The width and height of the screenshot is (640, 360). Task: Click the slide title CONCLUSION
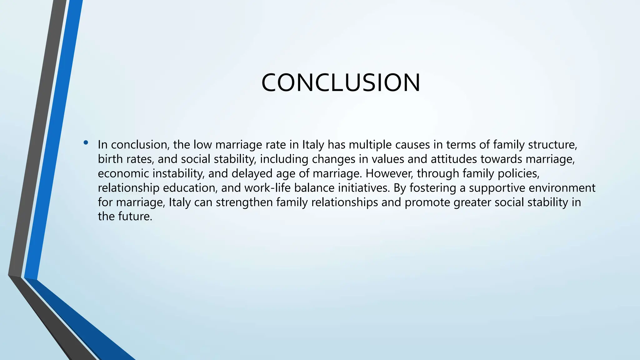pos(341,83)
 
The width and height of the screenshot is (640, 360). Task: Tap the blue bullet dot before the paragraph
pos(86,143)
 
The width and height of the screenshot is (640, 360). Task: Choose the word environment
pos(562,188)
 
